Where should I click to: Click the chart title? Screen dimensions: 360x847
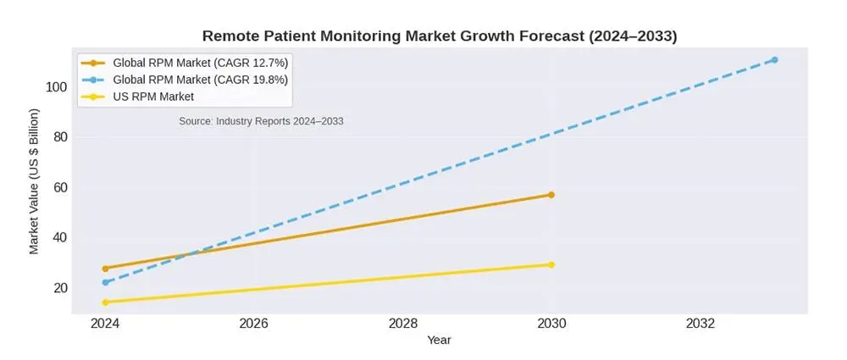[x=439, y=36]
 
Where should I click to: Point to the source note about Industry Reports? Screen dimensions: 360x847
[x=261, y=121]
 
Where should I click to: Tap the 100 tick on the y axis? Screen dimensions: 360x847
[x=57, y=86]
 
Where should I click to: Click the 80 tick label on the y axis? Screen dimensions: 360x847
[x=60, y=137]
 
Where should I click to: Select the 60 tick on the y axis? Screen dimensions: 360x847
[x=60, y=187]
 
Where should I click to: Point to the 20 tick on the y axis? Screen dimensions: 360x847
[x=60, y=288]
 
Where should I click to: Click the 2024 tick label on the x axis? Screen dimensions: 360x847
[x=105, y=324]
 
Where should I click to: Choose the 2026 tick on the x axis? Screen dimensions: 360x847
[x=254, y=324]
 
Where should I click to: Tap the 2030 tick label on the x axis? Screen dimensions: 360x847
[x=551, y=324]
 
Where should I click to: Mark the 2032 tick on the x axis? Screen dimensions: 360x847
[x=700, y=324]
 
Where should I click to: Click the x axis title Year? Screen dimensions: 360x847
[x=439, y=341]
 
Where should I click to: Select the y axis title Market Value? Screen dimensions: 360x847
[x=34, y=180]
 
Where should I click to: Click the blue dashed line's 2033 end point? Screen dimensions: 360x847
[x=774, y=59]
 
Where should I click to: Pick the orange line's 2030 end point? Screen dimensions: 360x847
[x=551, y=195]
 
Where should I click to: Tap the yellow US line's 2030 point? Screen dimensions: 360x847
[x=551, y=264]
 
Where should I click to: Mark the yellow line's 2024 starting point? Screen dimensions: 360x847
[x=105, y=302]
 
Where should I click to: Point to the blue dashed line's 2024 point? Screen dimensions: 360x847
[x=105, y=282]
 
